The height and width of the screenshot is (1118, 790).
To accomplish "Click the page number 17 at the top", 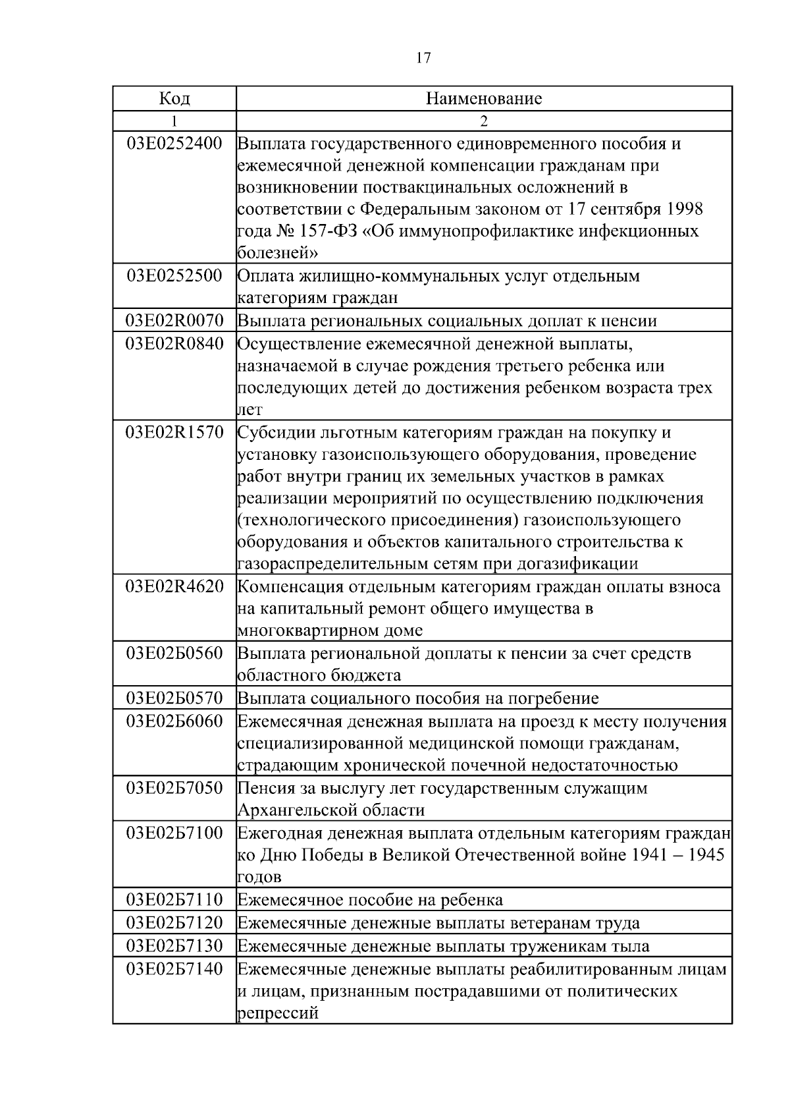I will [x=423, y=58].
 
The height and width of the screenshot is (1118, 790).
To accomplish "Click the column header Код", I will [x=174, y=99].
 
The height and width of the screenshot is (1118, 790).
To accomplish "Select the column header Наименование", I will [x=484, y=99].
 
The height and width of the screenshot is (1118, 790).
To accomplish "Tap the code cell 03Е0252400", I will [x=174, y=144].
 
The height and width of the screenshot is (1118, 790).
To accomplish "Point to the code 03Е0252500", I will [x=174, y=275].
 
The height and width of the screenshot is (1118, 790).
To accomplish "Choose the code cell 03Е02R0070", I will [x=174, y=321].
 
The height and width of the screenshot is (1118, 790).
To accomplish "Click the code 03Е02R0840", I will [x=174, y=344].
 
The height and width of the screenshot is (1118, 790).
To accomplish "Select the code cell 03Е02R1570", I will [x=174, y=433].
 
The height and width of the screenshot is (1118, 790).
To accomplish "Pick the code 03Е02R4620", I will [x=174, y=586].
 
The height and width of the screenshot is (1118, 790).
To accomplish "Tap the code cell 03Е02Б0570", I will [x=174, y=698].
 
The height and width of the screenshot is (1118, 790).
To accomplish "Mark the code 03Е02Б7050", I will [x=174, y=788].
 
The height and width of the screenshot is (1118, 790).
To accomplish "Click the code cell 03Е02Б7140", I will [x=174, y=969].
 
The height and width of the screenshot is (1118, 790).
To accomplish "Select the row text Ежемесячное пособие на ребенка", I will [x=370, y=900].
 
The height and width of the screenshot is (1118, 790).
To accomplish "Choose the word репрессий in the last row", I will [x=277, y=1013].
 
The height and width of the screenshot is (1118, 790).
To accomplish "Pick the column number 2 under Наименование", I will [x=484, y=121].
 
